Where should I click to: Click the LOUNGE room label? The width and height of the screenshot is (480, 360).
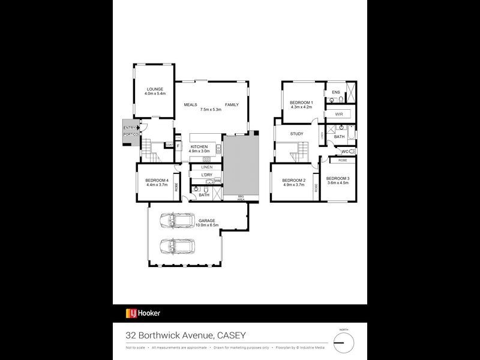tap(155, 89)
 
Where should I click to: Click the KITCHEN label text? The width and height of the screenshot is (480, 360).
tap(199, 147)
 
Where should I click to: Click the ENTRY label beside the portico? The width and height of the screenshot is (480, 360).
tap(129, 128)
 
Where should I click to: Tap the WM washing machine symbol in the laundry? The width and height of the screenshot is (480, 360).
tap(217, 180)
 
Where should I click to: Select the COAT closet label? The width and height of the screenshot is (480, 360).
tap(170, 145)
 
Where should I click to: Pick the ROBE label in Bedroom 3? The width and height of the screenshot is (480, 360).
tap(343, 160)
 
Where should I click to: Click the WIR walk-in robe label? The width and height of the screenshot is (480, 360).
tap(338, 113)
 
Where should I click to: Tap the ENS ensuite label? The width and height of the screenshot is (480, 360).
tap(336, 92)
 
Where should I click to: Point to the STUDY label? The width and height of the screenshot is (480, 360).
tap(296, 134)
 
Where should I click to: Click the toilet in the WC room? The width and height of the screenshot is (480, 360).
tap(352, 151)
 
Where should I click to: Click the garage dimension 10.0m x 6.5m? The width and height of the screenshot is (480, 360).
tap(207, 225)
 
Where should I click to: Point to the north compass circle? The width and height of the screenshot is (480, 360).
tap(344, 343)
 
